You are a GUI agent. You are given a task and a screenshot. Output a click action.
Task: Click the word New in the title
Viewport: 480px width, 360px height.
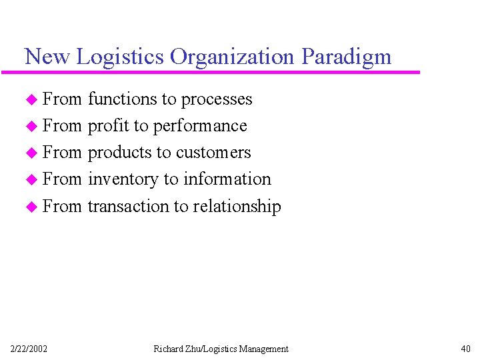(47, 57)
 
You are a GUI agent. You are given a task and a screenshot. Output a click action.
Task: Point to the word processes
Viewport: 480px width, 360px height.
(217, 100)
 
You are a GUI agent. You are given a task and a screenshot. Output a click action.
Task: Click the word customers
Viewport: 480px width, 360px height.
(213, 153)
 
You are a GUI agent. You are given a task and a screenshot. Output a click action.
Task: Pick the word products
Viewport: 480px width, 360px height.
(120, 153)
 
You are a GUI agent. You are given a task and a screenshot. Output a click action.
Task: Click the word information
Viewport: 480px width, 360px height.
(227, 179)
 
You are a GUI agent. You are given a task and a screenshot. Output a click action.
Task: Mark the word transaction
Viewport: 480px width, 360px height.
(129, 206)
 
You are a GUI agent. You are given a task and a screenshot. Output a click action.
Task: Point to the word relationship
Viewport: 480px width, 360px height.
(237, 207)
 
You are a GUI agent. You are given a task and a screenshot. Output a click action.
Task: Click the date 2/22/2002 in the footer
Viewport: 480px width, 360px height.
(29, 349)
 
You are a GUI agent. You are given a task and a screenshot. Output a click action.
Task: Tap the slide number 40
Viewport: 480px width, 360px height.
(465, 349)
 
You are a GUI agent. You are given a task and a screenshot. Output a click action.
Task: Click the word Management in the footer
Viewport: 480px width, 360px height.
(265, 349)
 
